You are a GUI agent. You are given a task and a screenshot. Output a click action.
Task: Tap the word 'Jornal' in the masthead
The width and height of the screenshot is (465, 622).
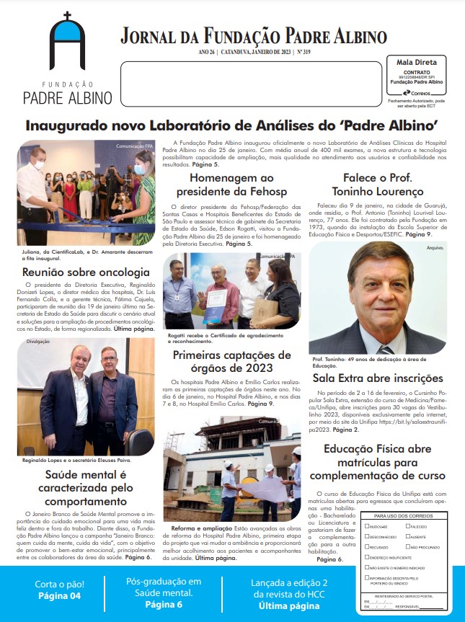(148, 35)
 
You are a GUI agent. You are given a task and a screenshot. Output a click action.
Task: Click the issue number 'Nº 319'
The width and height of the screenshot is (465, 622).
(302, 53)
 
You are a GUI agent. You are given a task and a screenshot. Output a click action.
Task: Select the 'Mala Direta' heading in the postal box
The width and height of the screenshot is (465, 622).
(416, 63)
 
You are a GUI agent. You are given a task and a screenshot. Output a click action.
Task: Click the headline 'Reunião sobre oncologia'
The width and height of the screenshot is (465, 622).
(87, 272)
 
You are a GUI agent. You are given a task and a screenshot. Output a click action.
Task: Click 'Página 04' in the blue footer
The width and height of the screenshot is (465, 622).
(60, 596)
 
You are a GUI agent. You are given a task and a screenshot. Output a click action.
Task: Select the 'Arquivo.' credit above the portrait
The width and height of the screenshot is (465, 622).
(435, 248)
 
